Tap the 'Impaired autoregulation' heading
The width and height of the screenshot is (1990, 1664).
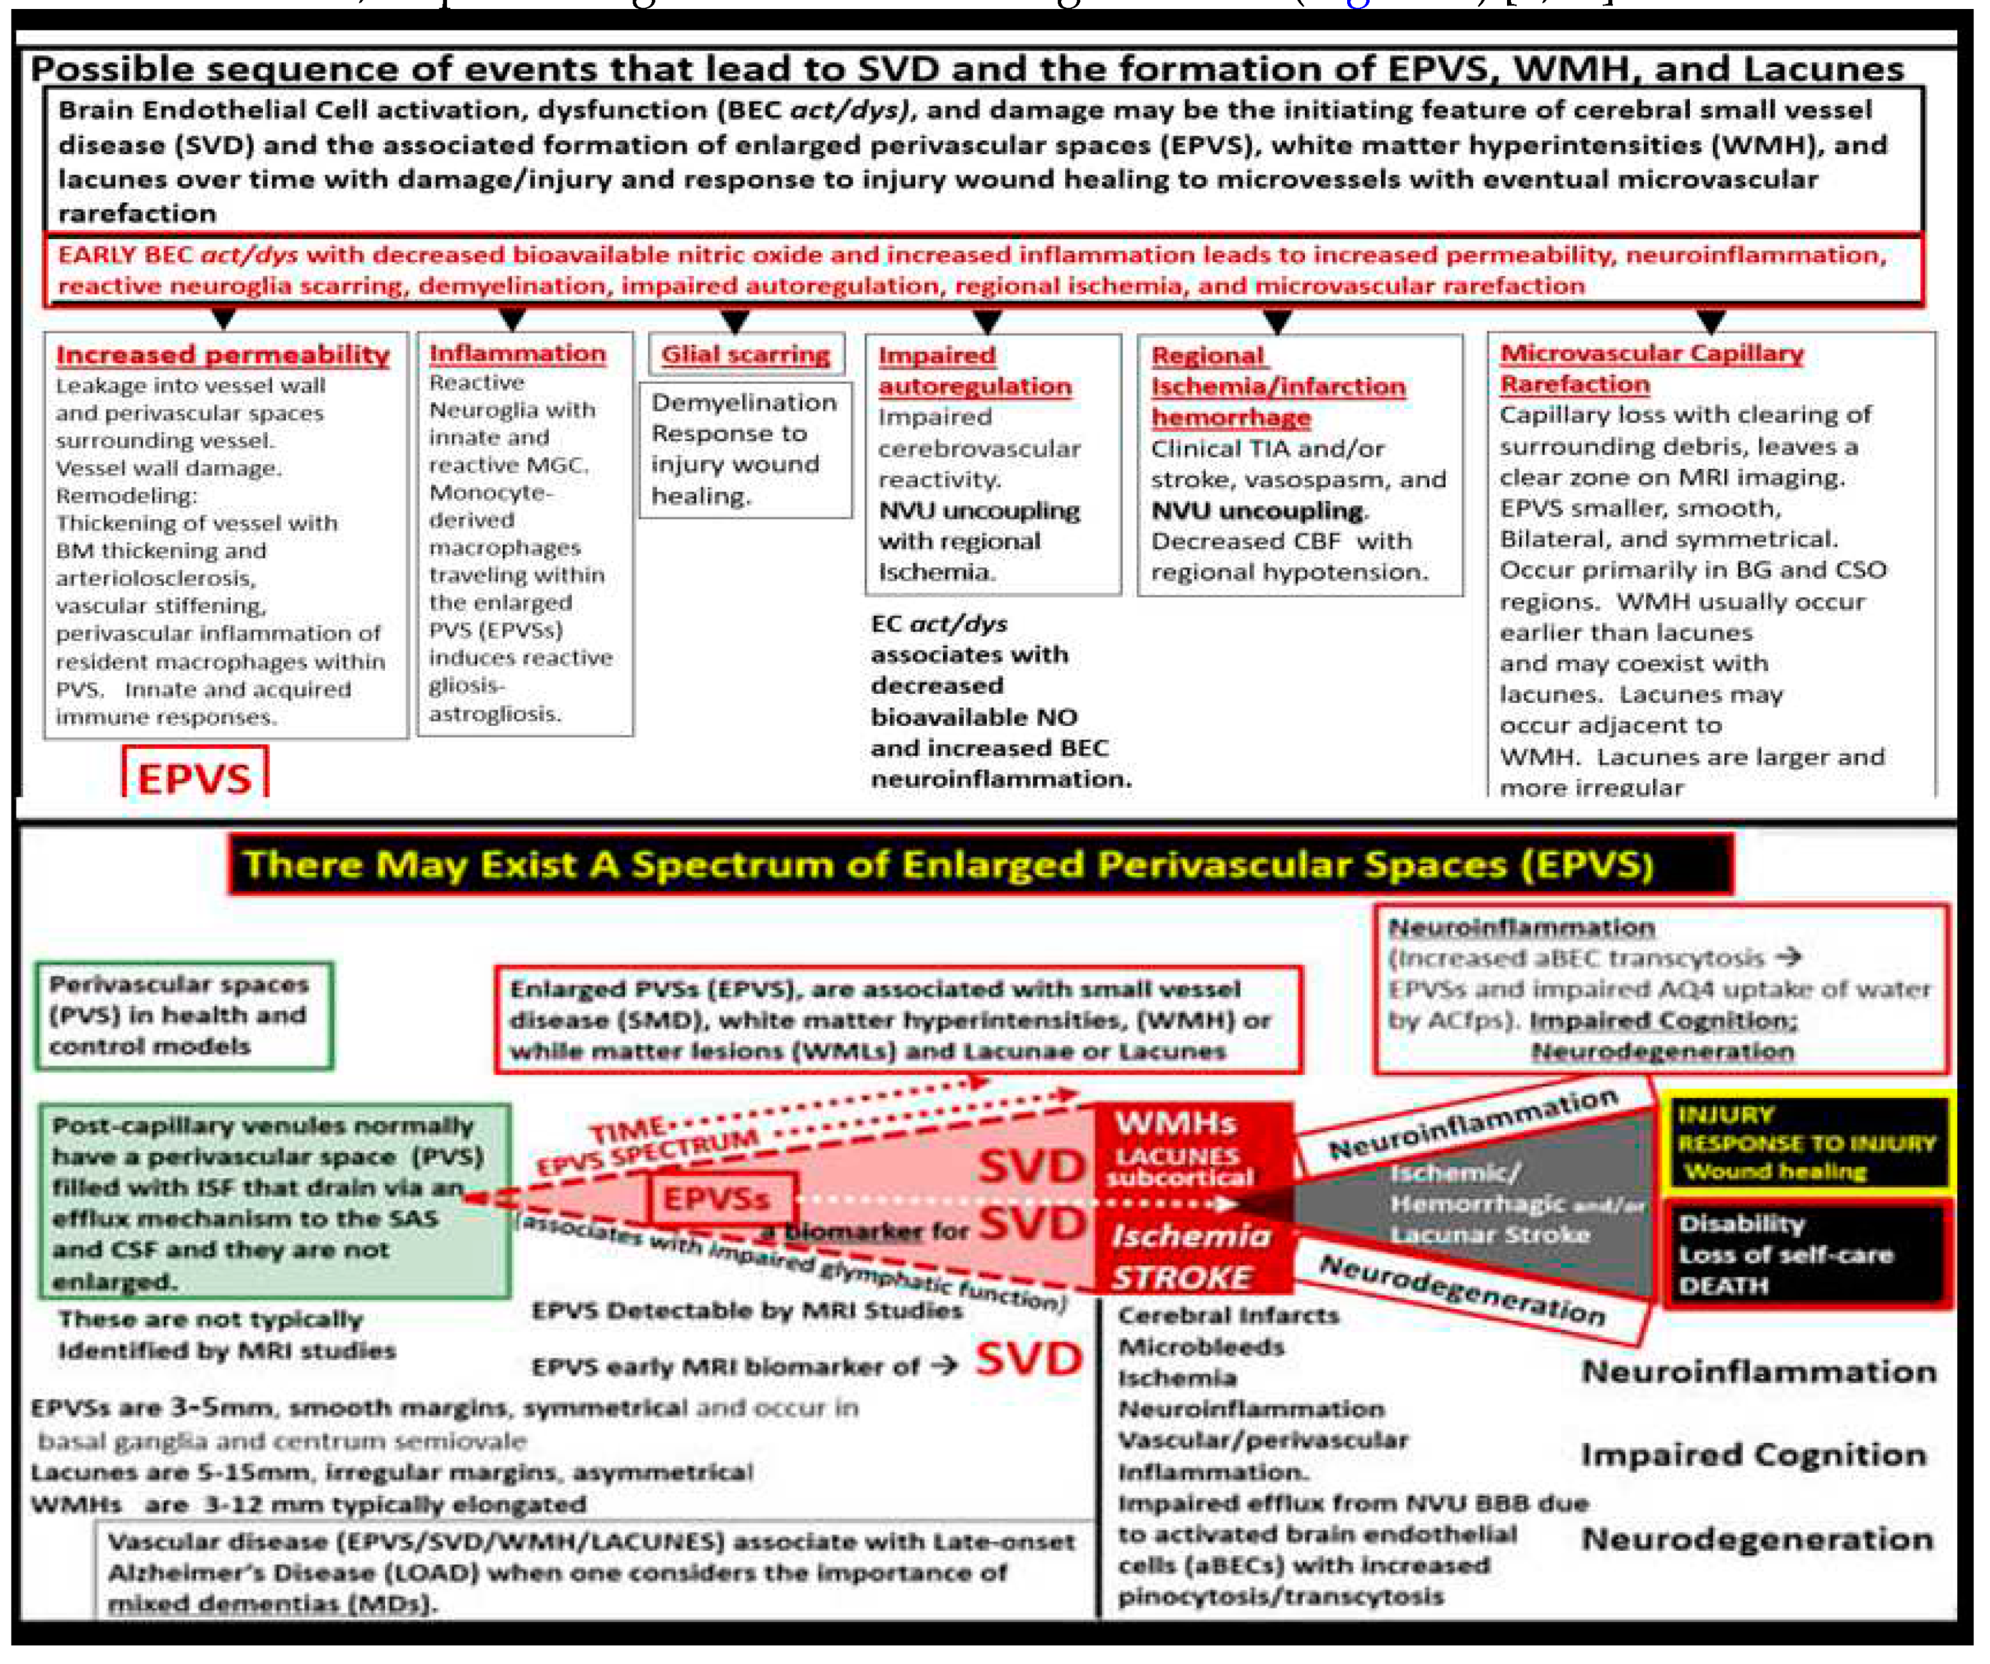click(974, 370)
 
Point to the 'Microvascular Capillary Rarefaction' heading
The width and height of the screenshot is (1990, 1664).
click(1651, 368)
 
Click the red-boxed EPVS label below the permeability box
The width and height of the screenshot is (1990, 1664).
click(195, 777)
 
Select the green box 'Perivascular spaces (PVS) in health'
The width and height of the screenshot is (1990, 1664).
click(184, 1015)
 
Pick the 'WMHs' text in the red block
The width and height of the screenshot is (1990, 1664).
click(1176, 1123)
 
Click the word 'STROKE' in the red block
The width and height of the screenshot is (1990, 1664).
click(1181, 1277)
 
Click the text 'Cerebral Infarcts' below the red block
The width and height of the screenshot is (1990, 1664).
click(1228, 1315)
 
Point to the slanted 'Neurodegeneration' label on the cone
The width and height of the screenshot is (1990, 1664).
click(1462, 1291)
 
